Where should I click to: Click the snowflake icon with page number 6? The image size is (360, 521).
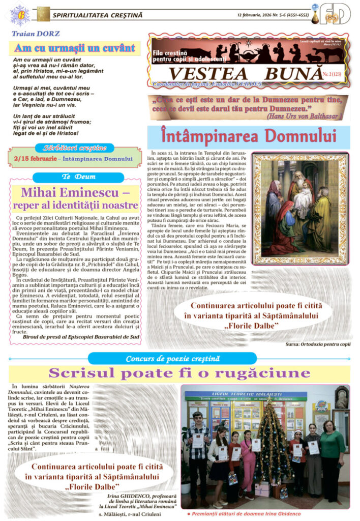pyautogui.click(x=19, y=14)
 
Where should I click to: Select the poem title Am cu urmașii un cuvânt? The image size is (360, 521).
pyautogui.click(x=75, y=49)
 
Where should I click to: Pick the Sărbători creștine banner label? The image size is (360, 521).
pyautogui.click(x=74, y=148)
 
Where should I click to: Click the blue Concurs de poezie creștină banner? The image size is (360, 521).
pyautogui.click(x=172, y=359)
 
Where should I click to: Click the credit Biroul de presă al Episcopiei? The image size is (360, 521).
pyautogui.click(x=81, y=336)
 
